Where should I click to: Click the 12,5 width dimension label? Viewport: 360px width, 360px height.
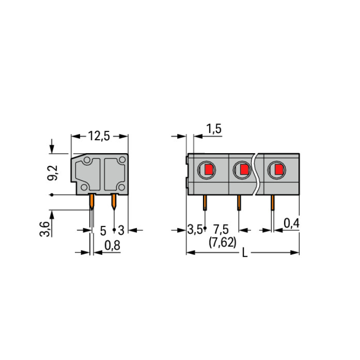click(x=99, y=136)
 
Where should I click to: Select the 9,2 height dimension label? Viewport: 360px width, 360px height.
click(x=53, y=173)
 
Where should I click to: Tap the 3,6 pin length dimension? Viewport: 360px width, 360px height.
click(x=44, y=229)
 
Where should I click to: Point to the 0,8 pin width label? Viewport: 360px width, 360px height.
click(x=112, y=245)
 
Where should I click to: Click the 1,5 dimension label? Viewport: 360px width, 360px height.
click(x=214, y=129)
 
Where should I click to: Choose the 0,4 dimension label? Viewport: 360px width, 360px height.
click(x=291, y=223)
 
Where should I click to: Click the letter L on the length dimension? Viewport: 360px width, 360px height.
click(x=245, y=253)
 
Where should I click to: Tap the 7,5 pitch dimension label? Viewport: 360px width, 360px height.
click(x=221, y=229)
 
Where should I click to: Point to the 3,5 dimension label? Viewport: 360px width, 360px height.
click(x=195, y=229)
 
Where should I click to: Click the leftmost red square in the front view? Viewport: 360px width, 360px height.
click(x=209, y=170)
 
